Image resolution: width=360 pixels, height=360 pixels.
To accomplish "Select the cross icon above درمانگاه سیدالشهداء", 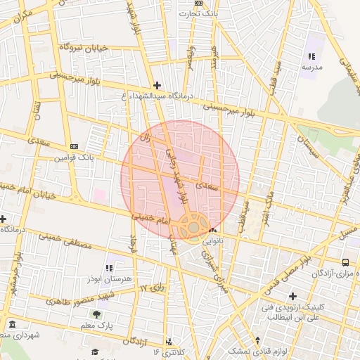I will (x=157, y=85).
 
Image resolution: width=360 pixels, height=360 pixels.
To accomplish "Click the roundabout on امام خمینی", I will (x=192, y=226).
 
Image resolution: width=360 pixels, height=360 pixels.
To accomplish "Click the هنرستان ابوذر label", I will (x=108, y=279).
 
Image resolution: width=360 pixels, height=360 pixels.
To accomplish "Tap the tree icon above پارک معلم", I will (x=96, y=314).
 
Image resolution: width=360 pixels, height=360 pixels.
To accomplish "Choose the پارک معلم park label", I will (x=96, y=325).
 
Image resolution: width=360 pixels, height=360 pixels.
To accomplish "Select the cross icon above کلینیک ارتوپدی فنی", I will (x=292, y=296).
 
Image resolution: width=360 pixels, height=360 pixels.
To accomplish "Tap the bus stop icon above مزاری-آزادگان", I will (x=345, y=262).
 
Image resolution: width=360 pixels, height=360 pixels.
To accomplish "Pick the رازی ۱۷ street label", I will (x=151, y=288).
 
